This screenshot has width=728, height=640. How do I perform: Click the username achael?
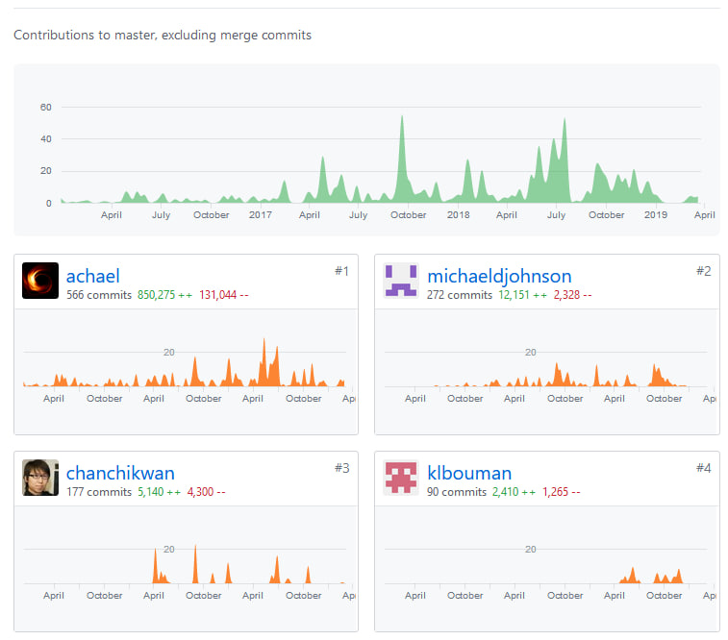tap(92, 277)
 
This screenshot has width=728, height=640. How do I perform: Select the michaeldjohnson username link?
tap(498, 277)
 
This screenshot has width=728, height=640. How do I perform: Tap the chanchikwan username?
tap(120, 473)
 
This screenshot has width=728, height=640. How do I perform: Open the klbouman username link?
tap(468, 473)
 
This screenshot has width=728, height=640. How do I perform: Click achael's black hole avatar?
tap(40, 281)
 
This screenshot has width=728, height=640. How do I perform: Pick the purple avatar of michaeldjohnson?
tap(401, 281)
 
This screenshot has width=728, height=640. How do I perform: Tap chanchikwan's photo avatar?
tap(40, 478)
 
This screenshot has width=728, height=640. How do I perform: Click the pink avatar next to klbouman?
tap(401, 478)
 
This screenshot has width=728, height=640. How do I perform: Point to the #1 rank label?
tap(341, 271)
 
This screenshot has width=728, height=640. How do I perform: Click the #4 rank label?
tap(703, 468)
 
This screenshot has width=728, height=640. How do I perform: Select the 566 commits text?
tap(98, 295)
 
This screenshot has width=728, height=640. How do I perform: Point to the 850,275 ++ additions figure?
tap(164, 295)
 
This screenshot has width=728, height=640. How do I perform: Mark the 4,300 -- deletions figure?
tap(207, 492)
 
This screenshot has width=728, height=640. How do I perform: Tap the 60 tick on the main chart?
tap(45, 107)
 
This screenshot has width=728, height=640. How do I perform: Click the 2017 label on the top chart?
tap(261, 215)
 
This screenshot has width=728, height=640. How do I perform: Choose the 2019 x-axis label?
tap(655, 215)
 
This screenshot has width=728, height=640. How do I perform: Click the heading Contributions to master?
tap(163, 36)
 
